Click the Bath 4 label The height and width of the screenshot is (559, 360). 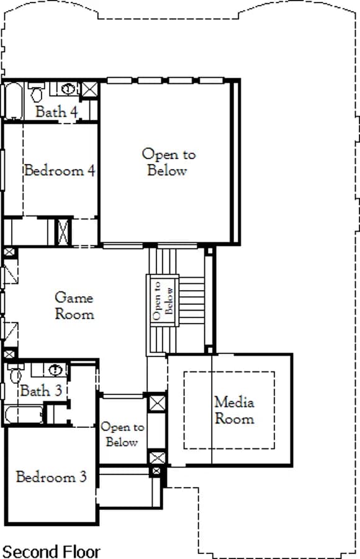coord(56,112)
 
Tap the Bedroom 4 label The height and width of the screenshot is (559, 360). coord(60,170)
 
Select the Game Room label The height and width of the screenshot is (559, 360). coord(74,306)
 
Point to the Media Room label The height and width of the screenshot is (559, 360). coord(235,411)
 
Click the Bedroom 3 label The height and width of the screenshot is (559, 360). coord(52,476)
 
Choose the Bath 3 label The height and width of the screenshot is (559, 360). coord(41,391)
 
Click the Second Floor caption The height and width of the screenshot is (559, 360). coord(51,552)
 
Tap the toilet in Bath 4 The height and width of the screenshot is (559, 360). coord(37,92)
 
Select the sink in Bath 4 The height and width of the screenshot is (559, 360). coord(68,88)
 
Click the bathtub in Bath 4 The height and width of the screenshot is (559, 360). coord(14,101)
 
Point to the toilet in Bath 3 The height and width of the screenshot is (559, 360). coord(16,373)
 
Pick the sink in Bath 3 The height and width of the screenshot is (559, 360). coord(55,370)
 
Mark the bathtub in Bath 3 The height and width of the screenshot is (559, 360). coord(24,414)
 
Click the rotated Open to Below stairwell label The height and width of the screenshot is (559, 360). coord(163,300)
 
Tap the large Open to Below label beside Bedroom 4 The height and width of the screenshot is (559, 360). coord(169,162)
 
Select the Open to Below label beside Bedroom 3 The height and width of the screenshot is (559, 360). coord(122,434)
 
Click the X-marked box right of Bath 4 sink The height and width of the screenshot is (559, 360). coord(89,89)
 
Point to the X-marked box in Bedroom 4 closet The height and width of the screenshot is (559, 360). coord(63,232)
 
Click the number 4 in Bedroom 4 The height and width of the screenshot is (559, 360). coord(91,171)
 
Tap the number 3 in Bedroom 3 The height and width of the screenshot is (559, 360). coord(83,476)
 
